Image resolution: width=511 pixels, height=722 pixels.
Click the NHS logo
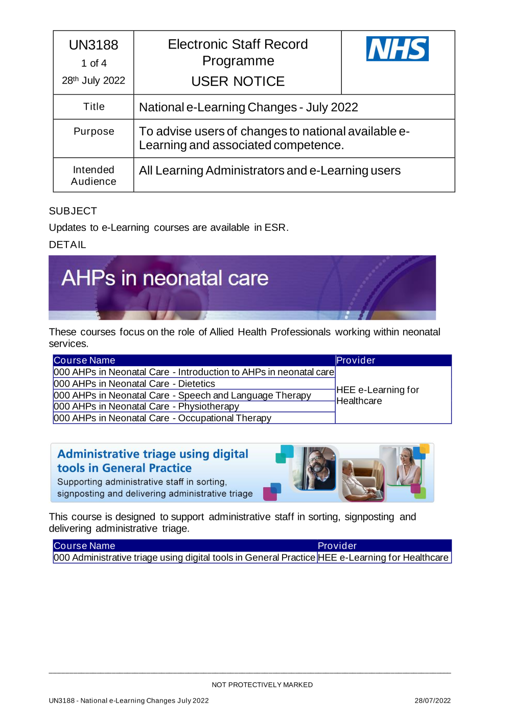tap(397, 49)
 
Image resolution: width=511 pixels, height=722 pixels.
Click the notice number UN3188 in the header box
tap(94, 45)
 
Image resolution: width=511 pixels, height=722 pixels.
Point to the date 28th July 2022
tap(94, 80)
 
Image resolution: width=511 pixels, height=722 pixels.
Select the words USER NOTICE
tap(238, 81)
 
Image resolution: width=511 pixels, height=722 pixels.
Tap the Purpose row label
tap(94, 131)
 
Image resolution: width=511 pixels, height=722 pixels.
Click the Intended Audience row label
tap(94, 175)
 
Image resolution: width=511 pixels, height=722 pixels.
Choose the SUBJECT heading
tap(73, 211)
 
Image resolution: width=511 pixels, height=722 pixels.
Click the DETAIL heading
tap(67, 245)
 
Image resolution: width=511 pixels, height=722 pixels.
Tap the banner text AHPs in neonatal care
tap(165, 278)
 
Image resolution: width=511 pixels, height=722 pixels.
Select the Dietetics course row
tap(134, 383)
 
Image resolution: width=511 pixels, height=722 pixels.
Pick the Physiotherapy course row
tap(146, 406)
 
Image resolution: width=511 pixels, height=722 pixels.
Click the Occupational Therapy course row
tap(162, 418)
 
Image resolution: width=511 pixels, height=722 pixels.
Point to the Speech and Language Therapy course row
tap(182, 395)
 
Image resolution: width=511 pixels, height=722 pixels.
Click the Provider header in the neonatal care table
tap(356, 360)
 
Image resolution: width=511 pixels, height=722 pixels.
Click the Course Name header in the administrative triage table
tap(84, 546)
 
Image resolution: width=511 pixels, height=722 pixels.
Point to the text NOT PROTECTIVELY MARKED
tap(262, 685)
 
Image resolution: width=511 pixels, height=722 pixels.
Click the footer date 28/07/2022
tap(432, 701)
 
